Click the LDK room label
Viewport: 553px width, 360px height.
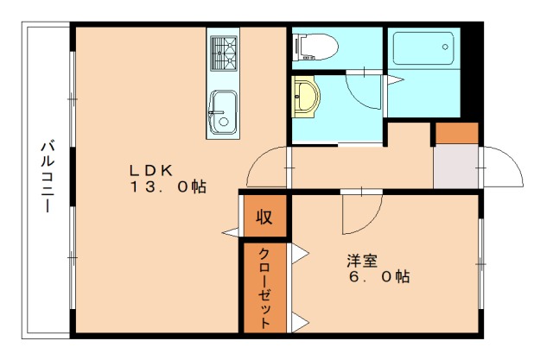(x=153, y=168)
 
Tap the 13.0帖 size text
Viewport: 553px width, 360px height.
(x=168, y=186)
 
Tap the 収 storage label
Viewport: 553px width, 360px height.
(x=264, y=217)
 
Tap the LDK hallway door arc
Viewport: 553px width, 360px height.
(x=266, y=168)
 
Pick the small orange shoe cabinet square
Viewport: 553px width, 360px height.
(x=455, y=133)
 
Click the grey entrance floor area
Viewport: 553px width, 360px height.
(x=454, y=165)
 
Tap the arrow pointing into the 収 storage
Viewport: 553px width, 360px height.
(x=231, y=231)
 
